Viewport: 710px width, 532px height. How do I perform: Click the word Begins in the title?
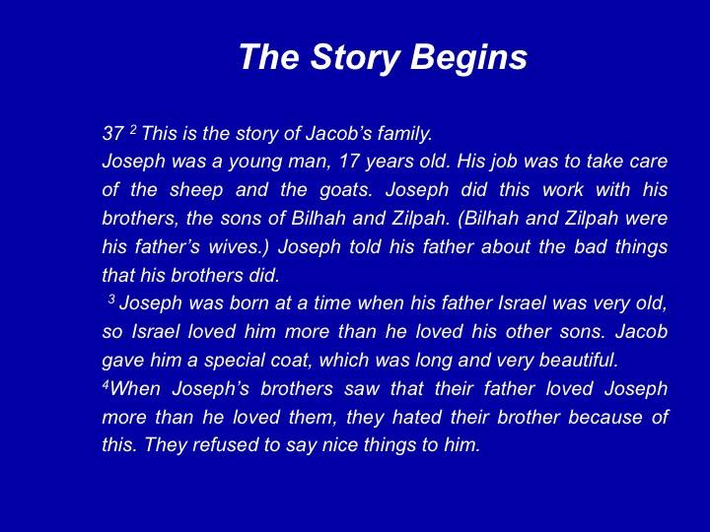(x=468, y=58)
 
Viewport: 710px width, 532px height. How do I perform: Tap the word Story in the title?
(x=355, y=58)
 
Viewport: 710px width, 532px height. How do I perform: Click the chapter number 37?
(x=112, y=133)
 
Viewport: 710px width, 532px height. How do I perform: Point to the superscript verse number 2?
(x=133, y=130)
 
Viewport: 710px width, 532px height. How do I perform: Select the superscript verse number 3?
(x=111, y=299)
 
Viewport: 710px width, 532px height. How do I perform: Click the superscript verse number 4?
(x=106, y=384)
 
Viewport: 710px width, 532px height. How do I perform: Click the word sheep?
(x=196, y=190)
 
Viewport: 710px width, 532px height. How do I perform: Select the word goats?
(x=346, y=190)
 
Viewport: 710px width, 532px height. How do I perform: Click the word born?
(x=248, y=303)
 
